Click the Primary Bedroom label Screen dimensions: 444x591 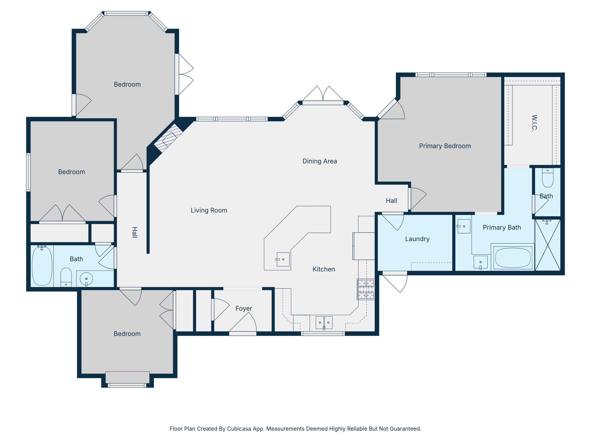pos(445,146)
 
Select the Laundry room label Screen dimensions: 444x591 pos(417,239)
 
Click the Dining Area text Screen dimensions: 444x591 pos(320,161)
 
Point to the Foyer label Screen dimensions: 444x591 pos(243,308)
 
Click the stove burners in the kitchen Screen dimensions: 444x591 pos(366,289)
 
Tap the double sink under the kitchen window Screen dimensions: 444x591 pos(324,322)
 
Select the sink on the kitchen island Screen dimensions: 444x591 pos(283,259)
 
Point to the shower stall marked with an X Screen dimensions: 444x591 pos(547,245)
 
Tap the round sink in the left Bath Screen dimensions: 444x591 pos(86,279)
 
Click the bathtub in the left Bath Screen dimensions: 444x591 pos(42,266)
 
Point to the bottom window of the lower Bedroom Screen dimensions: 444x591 pos(127,385)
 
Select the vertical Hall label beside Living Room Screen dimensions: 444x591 pos(135,232)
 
